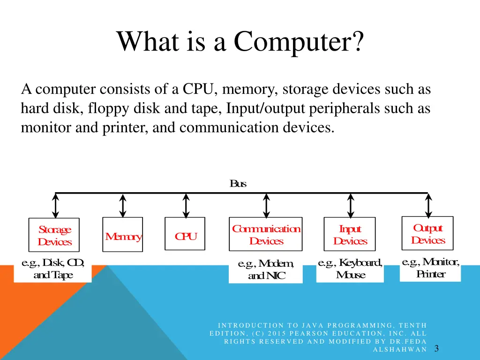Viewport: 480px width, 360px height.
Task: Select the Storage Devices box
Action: click(54, 235)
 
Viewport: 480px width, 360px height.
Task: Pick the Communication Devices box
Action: click(266, 234)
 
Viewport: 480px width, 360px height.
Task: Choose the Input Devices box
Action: click(350, 234)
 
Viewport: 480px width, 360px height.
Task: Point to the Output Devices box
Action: click(427, 233)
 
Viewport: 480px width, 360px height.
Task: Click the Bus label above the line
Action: click(238, 184)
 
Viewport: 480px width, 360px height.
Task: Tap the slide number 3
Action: click(436, 348)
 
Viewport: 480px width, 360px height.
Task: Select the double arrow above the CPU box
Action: click(186, 206)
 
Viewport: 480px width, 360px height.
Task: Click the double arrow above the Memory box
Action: click(123, 206)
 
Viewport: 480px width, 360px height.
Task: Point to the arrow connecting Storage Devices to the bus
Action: click(56, 206)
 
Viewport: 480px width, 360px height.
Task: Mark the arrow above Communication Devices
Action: click(266, 206)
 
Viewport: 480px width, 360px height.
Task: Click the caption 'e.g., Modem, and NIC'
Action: click(266, 270)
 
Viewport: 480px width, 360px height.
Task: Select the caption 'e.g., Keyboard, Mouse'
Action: click(350, 269)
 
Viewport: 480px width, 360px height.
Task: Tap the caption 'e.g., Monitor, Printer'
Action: click(430, 268)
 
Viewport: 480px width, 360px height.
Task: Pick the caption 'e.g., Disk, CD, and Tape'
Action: click(53, 269)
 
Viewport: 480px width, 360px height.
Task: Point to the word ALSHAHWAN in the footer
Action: click(400, 349)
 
